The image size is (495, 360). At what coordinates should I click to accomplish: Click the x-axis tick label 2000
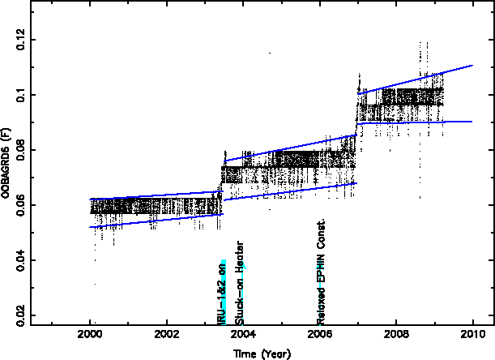(90, 334)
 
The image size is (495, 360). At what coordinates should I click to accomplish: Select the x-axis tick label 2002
(167, 334)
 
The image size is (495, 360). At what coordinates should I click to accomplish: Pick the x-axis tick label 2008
(395, 334)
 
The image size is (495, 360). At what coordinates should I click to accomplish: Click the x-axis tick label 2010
(472, 334)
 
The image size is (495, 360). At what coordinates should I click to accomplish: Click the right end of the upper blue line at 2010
(472, 66)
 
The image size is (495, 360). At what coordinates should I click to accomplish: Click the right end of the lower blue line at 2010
(472, 122)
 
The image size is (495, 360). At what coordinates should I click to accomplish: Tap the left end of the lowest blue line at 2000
(90, 227)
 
